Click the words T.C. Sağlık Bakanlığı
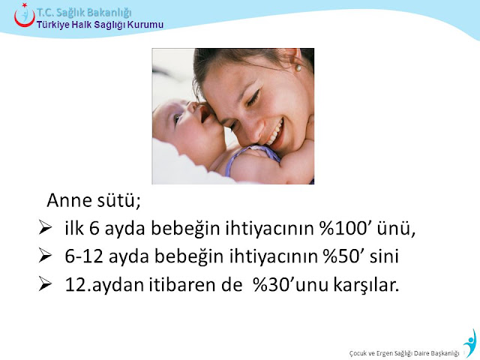point(85,13)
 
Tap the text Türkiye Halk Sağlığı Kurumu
point(100,25)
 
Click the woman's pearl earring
point(298,67)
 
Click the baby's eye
point(177,118)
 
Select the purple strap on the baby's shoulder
point(250,157)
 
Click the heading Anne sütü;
point(94,200)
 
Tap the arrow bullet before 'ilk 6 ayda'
point(45,228)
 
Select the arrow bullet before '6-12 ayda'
point(45,256)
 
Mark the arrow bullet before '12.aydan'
point(45,284)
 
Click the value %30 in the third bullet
point(271,285)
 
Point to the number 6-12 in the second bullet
point(83,256)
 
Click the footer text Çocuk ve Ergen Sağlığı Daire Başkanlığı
point(404,353)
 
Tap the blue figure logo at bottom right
point(470,343)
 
